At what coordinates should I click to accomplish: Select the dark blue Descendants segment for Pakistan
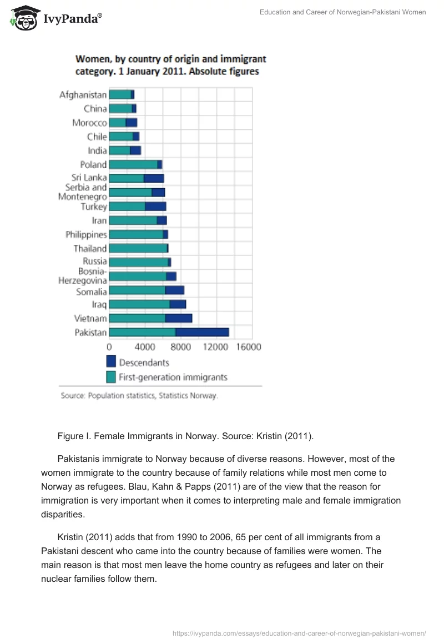(202, 332)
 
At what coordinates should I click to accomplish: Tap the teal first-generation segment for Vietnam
(137, 318)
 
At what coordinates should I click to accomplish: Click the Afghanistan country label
(83, 95)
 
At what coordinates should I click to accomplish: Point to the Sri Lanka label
(89, 178)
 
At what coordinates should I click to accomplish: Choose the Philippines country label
(86, 234)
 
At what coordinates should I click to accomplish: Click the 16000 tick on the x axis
(249, 347)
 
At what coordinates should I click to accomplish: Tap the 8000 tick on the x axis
(180, 347)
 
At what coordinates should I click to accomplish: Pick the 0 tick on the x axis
(109, 347)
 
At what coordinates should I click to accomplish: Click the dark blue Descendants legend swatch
(111, 362)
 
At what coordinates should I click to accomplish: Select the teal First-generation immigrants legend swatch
(111, 377)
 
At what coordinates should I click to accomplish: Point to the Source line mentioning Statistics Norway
(139, 396)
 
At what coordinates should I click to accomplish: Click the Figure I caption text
(185, 436)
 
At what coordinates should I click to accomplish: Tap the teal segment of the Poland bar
(133, 164)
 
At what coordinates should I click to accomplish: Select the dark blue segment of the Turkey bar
(155, 207)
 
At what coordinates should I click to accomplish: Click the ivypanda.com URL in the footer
(299, 632)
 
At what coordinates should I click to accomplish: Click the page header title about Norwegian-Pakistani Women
(342, 12)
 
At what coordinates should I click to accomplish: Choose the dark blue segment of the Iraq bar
(178, 304)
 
